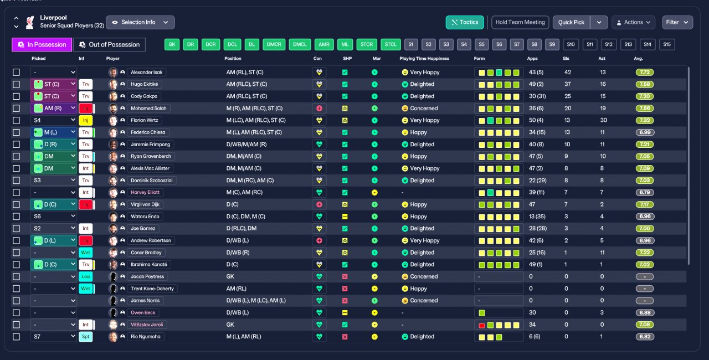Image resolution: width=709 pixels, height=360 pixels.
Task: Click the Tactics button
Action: coord(465,22)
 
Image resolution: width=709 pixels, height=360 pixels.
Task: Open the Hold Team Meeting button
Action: coord(520,22)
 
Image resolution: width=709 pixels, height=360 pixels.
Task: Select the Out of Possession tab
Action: coord(110,44)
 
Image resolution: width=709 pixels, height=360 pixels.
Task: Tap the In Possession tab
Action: coord(42,44)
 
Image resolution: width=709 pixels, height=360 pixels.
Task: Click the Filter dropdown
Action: coord(677,22)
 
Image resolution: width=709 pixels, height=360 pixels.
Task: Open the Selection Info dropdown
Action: coord(140,22)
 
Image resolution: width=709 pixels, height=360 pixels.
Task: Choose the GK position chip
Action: coord(172,44)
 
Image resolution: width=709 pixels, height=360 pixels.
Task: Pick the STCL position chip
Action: coord(391,44)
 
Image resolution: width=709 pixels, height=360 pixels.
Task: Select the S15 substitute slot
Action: coord(666,44)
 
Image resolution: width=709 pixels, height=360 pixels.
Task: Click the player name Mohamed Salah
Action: coord(149,109)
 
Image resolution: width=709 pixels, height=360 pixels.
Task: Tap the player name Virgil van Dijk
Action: coord(145,204)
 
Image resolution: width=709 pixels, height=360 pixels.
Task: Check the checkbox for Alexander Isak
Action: coord(17,72)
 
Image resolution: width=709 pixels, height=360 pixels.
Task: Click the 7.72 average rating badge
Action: coord(645,72)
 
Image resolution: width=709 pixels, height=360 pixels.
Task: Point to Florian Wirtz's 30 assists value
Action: coord(603,120)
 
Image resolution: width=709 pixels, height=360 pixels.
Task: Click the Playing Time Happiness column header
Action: coord(424,58)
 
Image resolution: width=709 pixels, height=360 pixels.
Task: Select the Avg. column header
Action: coord(638,58)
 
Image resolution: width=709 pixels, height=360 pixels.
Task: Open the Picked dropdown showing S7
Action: coord(53,336)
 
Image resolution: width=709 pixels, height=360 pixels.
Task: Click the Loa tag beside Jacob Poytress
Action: coord(85,276)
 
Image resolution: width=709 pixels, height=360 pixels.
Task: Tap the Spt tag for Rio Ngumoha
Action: coord(85,336)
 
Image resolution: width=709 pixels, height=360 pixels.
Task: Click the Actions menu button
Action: coord(633,22)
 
